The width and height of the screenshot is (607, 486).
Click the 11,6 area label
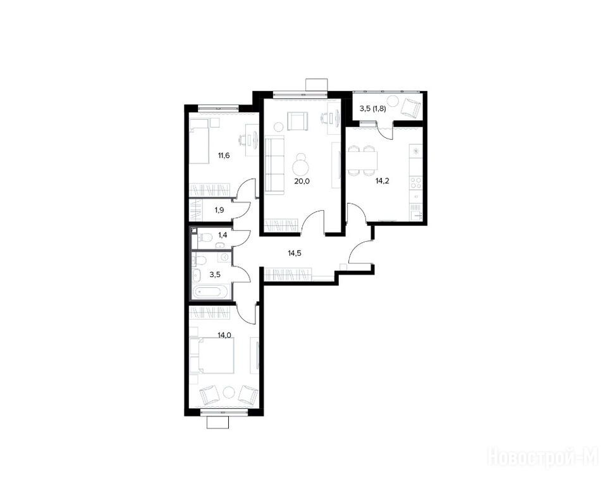click(x=224, y=156)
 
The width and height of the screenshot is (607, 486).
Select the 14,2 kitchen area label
click(x=383, y=180)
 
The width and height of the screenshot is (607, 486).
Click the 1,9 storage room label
click(x=219, y=211)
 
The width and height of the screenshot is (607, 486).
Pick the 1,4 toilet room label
click(x=223, y=235)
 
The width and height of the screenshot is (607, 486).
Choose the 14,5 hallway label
click(x=295, y=254)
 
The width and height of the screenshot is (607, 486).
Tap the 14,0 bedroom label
click(x=224, y=335)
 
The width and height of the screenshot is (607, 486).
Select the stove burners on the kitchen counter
click(x=416, y=182)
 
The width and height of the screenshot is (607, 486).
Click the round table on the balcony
click(x=393, y=101)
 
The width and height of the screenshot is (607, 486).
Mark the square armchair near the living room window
click(x=298, y=121)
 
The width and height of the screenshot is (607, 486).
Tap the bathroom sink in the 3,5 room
click(x=197, y=275)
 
